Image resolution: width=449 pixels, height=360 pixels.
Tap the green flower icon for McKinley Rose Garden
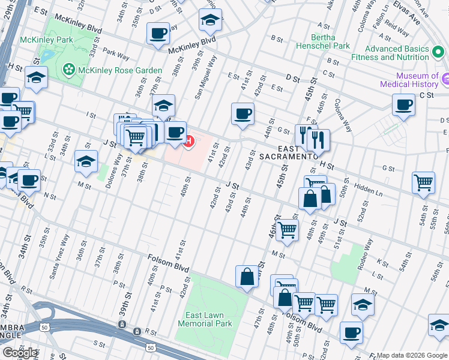69,71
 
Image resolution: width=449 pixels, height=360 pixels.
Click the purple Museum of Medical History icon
445,79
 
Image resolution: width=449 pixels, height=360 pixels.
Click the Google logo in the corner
20,353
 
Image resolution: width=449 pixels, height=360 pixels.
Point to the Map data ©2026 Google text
412,355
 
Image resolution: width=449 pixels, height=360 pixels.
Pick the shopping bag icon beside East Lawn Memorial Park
247,277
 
